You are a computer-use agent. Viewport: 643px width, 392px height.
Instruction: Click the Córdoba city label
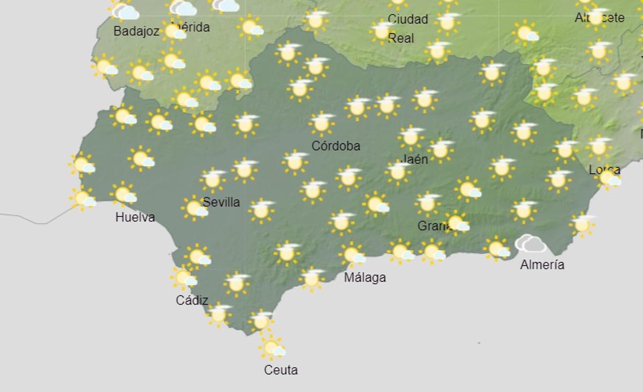[336, 146]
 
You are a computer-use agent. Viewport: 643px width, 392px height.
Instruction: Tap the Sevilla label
[221, 202]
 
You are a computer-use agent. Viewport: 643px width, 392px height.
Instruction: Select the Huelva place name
[135, 217]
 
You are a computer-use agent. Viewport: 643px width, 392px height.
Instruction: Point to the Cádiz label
[192, 300]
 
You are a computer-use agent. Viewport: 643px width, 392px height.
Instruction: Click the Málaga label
[365, 277]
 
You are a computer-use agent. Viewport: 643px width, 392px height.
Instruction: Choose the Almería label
[542, 265]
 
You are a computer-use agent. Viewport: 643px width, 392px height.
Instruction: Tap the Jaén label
[414, 159]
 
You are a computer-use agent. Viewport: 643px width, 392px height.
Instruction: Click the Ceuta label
[281, 370]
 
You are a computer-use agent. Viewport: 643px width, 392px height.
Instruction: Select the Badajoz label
[136, 32]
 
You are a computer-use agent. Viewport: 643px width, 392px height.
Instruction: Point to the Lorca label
[604, 170]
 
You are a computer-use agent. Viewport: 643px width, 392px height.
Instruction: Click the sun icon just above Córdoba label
[322, 123]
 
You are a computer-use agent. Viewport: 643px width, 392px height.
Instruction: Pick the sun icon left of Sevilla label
[195, 208]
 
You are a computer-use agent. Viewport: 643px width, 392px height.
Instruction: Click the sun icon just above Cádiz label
[183, 277]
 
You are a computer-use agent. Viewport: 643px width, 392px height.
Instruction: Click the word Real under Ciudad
[401, 39]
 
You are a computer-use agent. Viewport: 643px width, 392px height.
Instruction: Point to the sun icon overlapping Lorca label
[608, 178]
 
